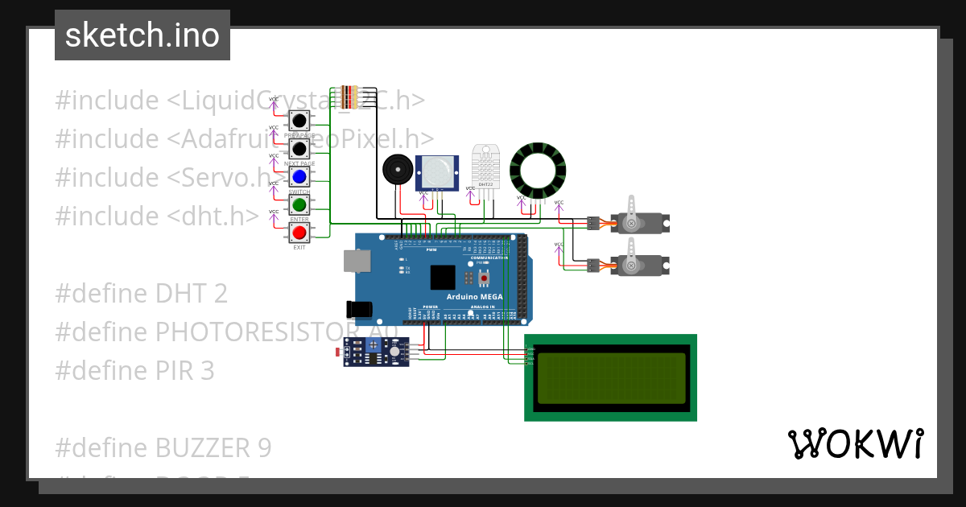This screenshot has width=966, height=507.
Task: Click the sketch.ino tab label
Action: [x=142, y=35]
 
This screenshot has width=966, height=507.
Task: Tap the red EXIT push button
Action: [x=299, y=233]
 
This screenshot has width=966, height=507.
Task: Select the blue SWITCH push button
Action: [x=299, y=176]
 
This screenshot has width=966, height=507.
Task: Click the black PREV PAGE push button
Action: [x=299, y=122]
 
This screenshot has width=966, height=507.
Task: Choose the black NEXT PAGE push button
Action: [x=299, y=149]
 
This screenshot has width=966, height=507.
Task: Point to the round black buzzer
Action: [x=397, y=170]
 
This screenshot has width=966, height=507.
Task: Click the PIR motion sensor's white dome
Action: [x=435, y=171]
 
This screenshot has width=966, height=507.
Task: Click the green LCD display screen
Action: [x=610, y=377]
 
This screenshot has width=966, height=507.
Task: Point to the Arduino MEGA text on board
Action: [x=475, y=297]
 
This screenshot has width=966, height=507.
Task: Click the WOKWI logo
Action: [x=855, y=443]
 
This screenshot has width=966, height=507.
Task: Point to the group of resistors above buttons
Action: [x=349, y=97]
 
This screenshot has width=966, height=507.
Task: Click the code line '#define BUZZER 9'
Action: [x=163, y=448]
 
